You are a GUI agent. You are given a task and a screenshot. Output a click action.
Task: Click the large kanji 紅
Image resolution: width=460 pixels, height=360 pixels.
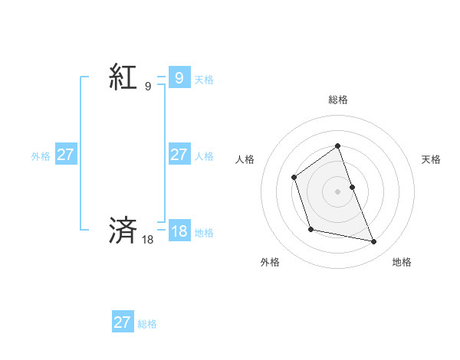click(123, 77)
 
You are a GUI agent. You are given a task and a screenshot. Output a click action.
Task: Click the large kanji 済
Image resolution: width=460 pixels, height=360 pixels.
click(123, 230)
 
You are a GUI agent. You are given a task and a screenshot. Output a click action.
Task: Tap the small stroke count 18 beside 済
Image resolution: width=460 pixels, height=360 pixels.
click(148, 240)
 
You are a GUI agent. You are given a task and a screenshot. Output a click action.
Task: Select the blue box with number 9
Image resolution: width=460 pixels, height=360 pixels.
click(179, 77)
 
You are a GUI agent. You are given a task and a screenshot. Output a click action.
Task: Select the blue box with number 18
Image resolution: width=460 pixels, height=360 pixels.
click(179, 231)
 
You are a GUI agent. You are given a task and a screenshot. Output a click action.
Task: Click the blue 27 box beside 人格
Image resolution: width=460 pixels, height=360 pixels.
click(179, 155)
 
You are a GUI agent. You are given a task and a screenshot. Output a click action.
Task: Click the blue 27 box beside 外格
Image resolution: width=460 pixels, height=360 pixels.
click(65, 155)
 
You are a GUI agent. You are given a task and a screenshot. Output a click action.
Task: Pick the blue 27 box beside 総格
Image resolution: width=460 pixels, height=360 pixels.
click(123, 322)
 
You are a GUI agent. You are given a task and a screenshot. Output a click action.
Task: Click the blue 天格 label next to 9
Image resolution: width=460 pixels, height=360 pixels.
click(204, 79)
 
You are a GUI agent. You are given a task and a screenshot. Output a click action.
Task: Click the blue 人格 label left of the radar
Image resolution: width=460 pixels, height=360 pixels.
click(204, 156)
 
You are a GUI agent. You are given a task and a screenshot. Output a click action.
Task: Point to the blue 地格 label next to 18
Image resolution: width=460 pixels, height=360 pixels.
click(204, 233)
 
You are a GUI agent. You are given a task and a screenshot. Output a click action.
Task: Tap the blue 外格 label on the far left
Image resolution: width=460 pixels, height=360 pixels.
click(41, 156)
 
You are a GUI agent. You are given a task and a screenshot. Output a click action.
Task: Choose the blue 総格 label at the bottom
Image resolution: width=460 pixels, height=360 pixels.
click(147, 324)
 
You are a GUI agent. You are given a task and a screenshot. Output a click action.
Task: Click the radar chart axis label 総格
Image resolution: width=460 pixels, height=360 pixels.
click(338, 100)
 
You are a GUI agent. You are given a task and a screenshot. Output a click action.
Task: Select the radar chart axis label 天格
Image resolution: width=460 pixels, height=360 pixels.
click(432, 159)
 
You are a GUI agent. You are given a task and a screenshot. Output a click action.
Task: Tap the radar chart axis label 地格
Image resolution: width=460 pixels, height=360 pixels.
click(402, 262)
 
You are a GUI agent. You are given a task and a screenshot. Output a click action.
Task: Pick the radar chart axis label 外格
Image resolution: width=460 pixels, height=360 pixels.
click(270, 262)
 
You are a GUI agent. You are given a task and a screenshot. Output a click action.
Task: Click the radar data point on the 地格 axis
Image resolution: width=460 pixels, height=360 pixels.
click(374, 242)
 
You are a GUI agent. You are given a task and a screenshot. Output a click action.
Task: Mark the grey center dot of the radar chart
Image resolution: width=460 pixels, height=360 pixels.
click(338, 191)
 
